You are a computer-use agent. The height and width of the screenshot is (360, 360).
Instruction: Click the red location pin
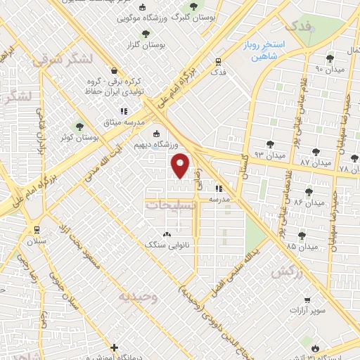(x=181, y=165)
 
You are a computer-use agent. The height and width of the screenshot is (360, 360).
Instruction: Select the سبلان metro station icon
(x=35, y=230)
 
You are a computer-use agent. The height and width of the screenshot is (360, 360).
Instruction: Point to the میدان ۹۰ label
(x=328, y=69)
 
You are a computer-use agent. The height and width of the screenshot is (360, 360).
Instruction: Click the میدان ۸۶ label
(x=308, y=202)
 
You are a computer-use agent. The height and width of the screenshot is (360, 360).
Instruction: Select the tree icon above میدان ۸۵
(x=302, y=236)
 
